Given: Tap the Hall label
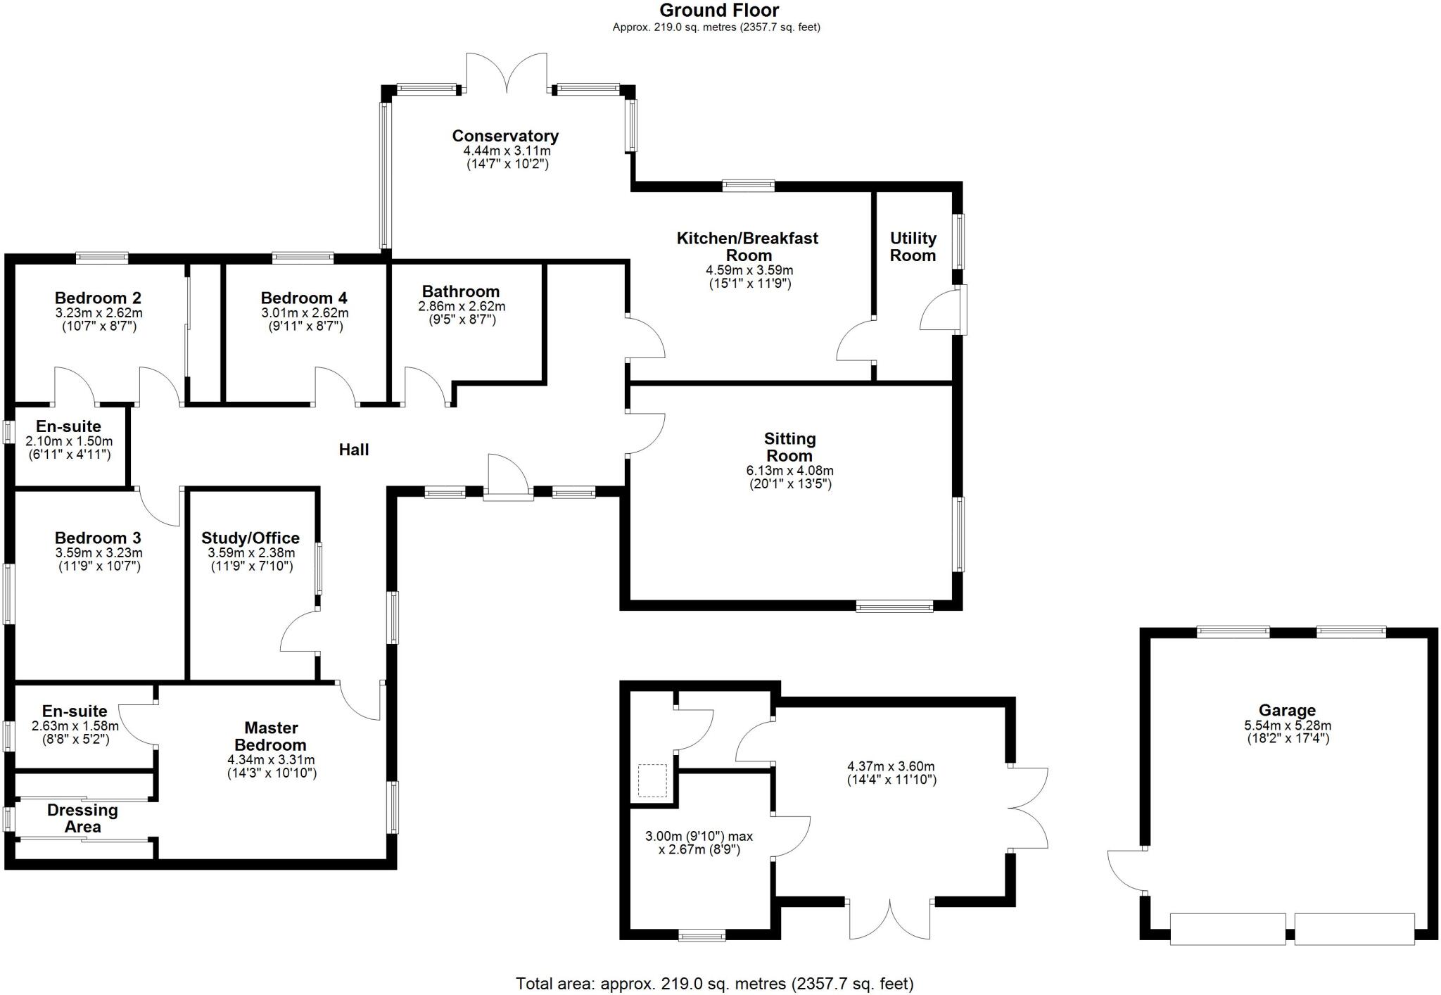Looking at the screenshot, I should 353,450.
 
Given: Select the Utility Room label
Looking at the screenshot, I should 913,247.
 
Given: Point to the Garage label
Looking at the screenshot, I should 1287,710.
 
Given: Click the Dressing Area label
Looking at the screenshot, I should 82,818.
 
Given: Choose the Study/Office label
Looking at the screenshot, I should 250,538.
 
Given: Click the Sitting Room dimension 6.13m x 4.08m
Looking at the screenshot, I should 789,471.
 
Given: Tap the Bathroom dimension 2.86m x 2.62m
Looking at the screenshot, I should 462,307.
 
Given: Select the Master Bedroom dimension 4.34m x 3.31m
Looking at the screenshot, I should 271,760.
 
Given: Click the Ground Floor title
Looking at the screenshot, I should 719,11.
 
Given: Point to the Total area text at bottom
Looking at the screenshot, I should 715,984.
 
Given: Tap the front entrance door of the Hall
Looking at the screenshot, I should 508,479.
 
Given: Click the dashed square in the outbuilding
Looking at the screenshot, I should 652,780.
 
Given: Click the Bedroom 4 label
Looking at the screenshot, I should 304,298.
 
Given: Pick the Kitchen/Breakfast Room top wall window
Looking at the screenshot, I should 748,186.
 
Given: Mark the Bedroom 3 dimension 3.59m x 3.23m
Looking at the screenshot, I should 99,553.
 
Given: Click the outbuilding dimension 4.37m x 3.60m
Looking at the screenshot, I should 891,766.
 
